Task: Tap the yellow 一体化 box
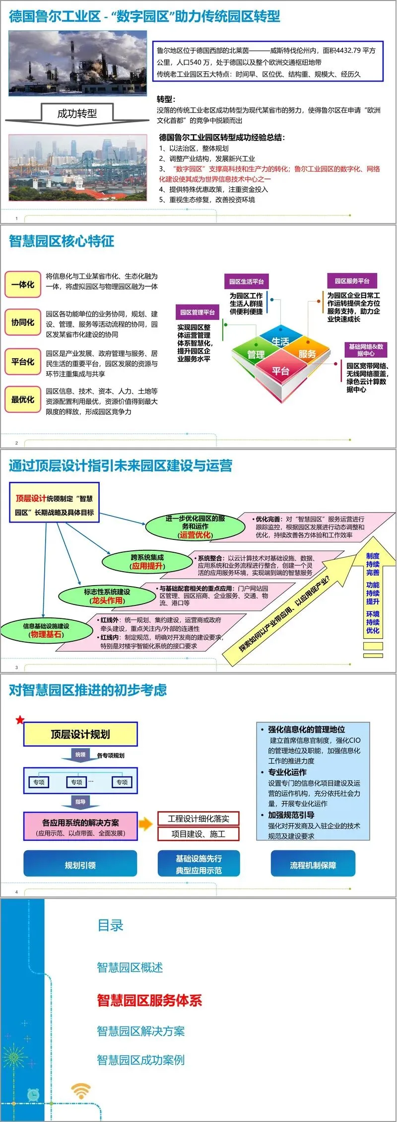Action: click(x=23, y=285)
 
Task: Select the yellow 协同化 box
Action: click(x=23, y=322)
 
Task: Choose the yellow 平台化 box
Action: click(x=23, y=362)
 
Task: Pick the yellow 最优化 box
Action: click(x=23, y=399)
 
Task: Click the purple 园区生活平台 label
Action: click(x=246, y=282)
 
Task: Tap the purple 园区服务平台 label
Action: click(x=352, y=281)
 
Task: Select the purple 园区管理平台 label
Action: click(x=197, y=312)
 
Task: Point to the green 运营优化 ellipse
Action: click(x=195, y=527)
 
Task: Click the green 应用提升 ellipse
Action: click(x=147, y=562)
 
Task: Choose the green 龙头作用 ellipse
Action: click(x=107, y=596)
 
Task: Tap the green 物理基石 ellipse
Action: click(x=46, y=630)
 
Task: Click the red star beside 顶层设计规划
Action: click(x=20, y=720)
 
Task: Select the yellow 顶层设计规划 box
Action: click(x=80, y=735)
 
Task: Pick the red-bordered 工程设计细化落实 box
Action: click(x=198, y=819)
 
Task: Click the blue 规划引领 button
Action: click(x=80, y=865)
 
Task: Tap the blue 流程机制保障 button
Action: click(x=313, y=865)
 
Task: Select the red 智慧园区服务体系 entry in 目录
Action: click(x=149, y=1000)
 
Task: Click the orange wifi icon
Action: click(x=81, y=1090)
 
